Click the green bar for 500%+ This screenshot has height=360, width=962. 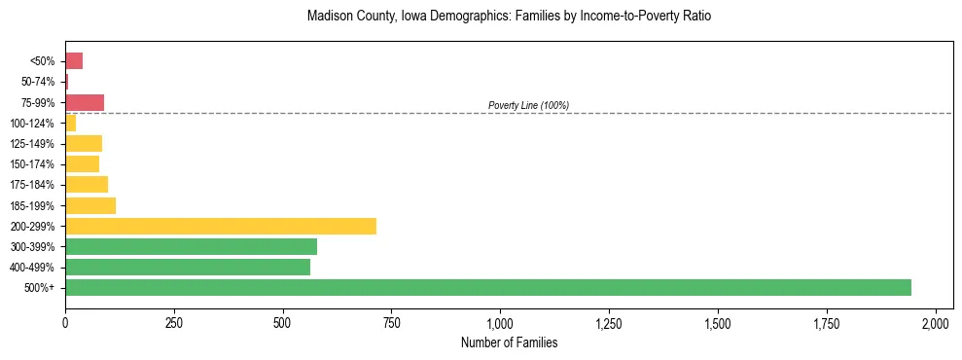487,287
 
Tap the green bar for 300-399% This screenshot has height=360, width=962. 191,246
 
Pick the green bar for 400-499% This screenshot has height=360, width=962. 188,267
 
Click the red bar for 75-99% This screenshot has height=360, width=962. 85,102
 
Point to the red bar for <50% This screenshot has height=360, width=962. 74,61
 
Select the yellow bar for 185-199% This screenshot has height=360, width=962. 90,205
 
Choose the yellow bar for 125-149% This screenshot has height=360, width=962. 84,143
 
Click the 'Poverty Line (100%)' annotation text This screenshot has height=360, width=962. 528,105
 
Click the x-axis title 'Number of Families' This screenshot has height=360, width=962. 509,342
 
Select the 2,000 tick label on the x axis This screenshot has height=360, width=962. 936,322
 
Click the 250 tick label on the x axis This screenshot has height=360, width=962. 173,322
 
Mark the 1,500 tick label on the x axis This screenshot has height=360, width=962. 718,322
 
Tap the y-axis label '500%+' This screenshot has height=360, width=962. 39,288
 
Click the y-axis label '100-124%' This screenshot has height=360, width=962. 32,124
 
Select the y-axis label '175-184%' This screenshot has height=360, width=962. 32,185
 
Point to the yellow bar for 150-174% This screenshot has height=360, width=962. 82,163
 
